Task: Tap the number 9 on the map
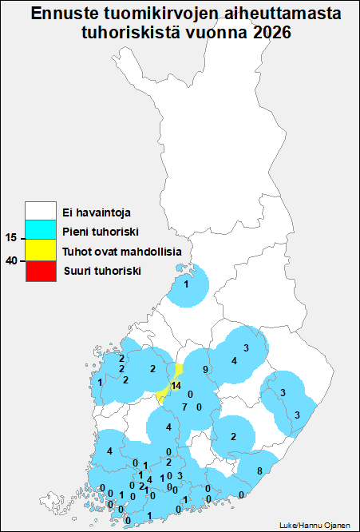pyautogui.click(x=205, y=369)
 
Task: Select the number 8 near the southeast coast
pyautogui.click(x=259, y=470)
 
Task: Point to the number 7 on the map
pyautogui.click(x=184, y=407)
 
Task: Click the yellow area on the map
pyautogui.click(x=168, y=391)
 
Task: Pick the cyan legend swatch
pyautogui.click(x=40, y=232)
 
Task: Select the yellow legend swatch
pyautogui.click(x=40, y=252)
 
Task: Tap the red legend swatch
pyautogui.click(x=40, y=272)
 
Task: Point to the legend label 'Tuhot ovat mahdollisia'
pyautogui.click(x=121, y=252)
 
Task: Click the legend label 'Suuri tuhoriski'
pyautogui.click(x=101, y=272)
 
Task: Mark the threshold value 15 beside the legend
pyautogui.click(x=11, y=238)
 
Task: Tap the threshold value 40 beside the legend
pyautogui.click(x=11, y=260)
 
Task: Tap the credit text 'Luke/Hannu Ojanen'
pyautogui.click(x=315, y=525)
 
